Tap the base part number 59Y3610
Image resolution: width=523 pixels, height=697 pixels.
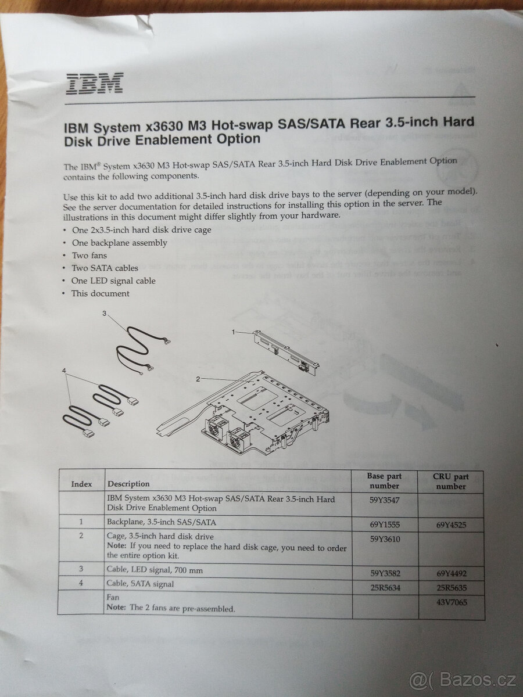385,539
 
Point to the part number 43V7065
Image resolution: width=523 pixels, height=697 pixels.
451,602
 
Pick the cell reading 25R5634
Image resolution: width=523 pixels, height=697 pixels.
384,588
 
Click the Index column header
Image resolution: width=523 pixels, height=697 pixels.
82,483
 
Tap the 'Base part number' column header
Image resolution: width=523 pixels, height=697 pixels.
384,480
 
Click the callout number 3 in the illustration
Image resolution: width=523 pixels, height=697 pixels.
104,314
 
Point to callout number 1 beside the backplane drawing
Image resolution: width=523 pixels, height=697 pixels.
233,332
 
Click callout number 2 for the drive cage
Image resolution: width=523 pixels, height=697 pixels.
198,379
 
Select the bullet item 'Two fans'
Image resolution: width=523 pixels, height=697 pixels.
89,256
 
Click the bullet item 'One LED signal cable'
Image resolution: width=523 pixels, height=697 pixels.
113,281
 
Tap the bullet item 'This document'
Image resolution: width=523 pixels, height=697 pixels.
100,294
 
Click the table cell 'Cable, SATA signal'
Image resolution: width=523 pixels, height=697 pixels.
140,584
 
